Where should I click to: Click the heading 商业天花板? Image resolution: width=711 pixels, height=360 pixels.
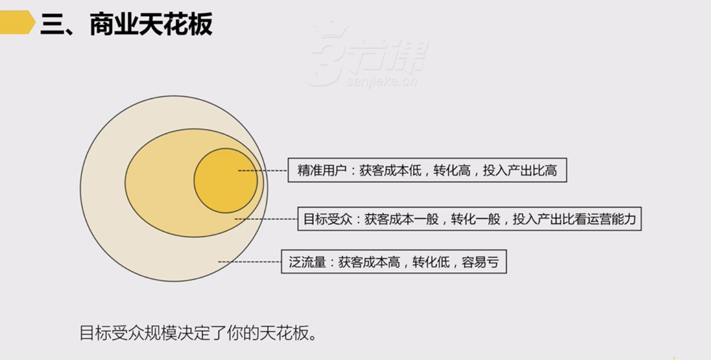(151, 24)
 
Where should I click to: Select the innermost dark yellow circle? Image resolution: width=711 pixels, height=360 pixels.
(225, 180)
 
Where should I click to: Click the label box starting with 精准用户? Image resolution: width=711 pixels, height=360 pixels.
(427, 170)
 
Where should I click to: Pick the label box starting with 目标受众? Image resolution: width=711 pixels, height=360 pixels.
(469, 219)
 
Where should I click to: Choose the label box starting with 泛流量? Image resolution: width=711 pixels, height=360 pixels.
(394, 261)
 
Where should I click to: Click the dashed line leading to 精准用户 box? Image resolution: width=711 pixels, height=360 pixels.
(262, 170)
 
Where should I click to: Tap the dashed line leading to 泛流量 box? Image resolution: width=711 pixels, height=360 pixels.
(249, 261)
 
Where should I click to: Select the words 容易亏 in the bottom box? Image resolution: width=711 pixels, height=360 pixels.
(480, 261)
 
